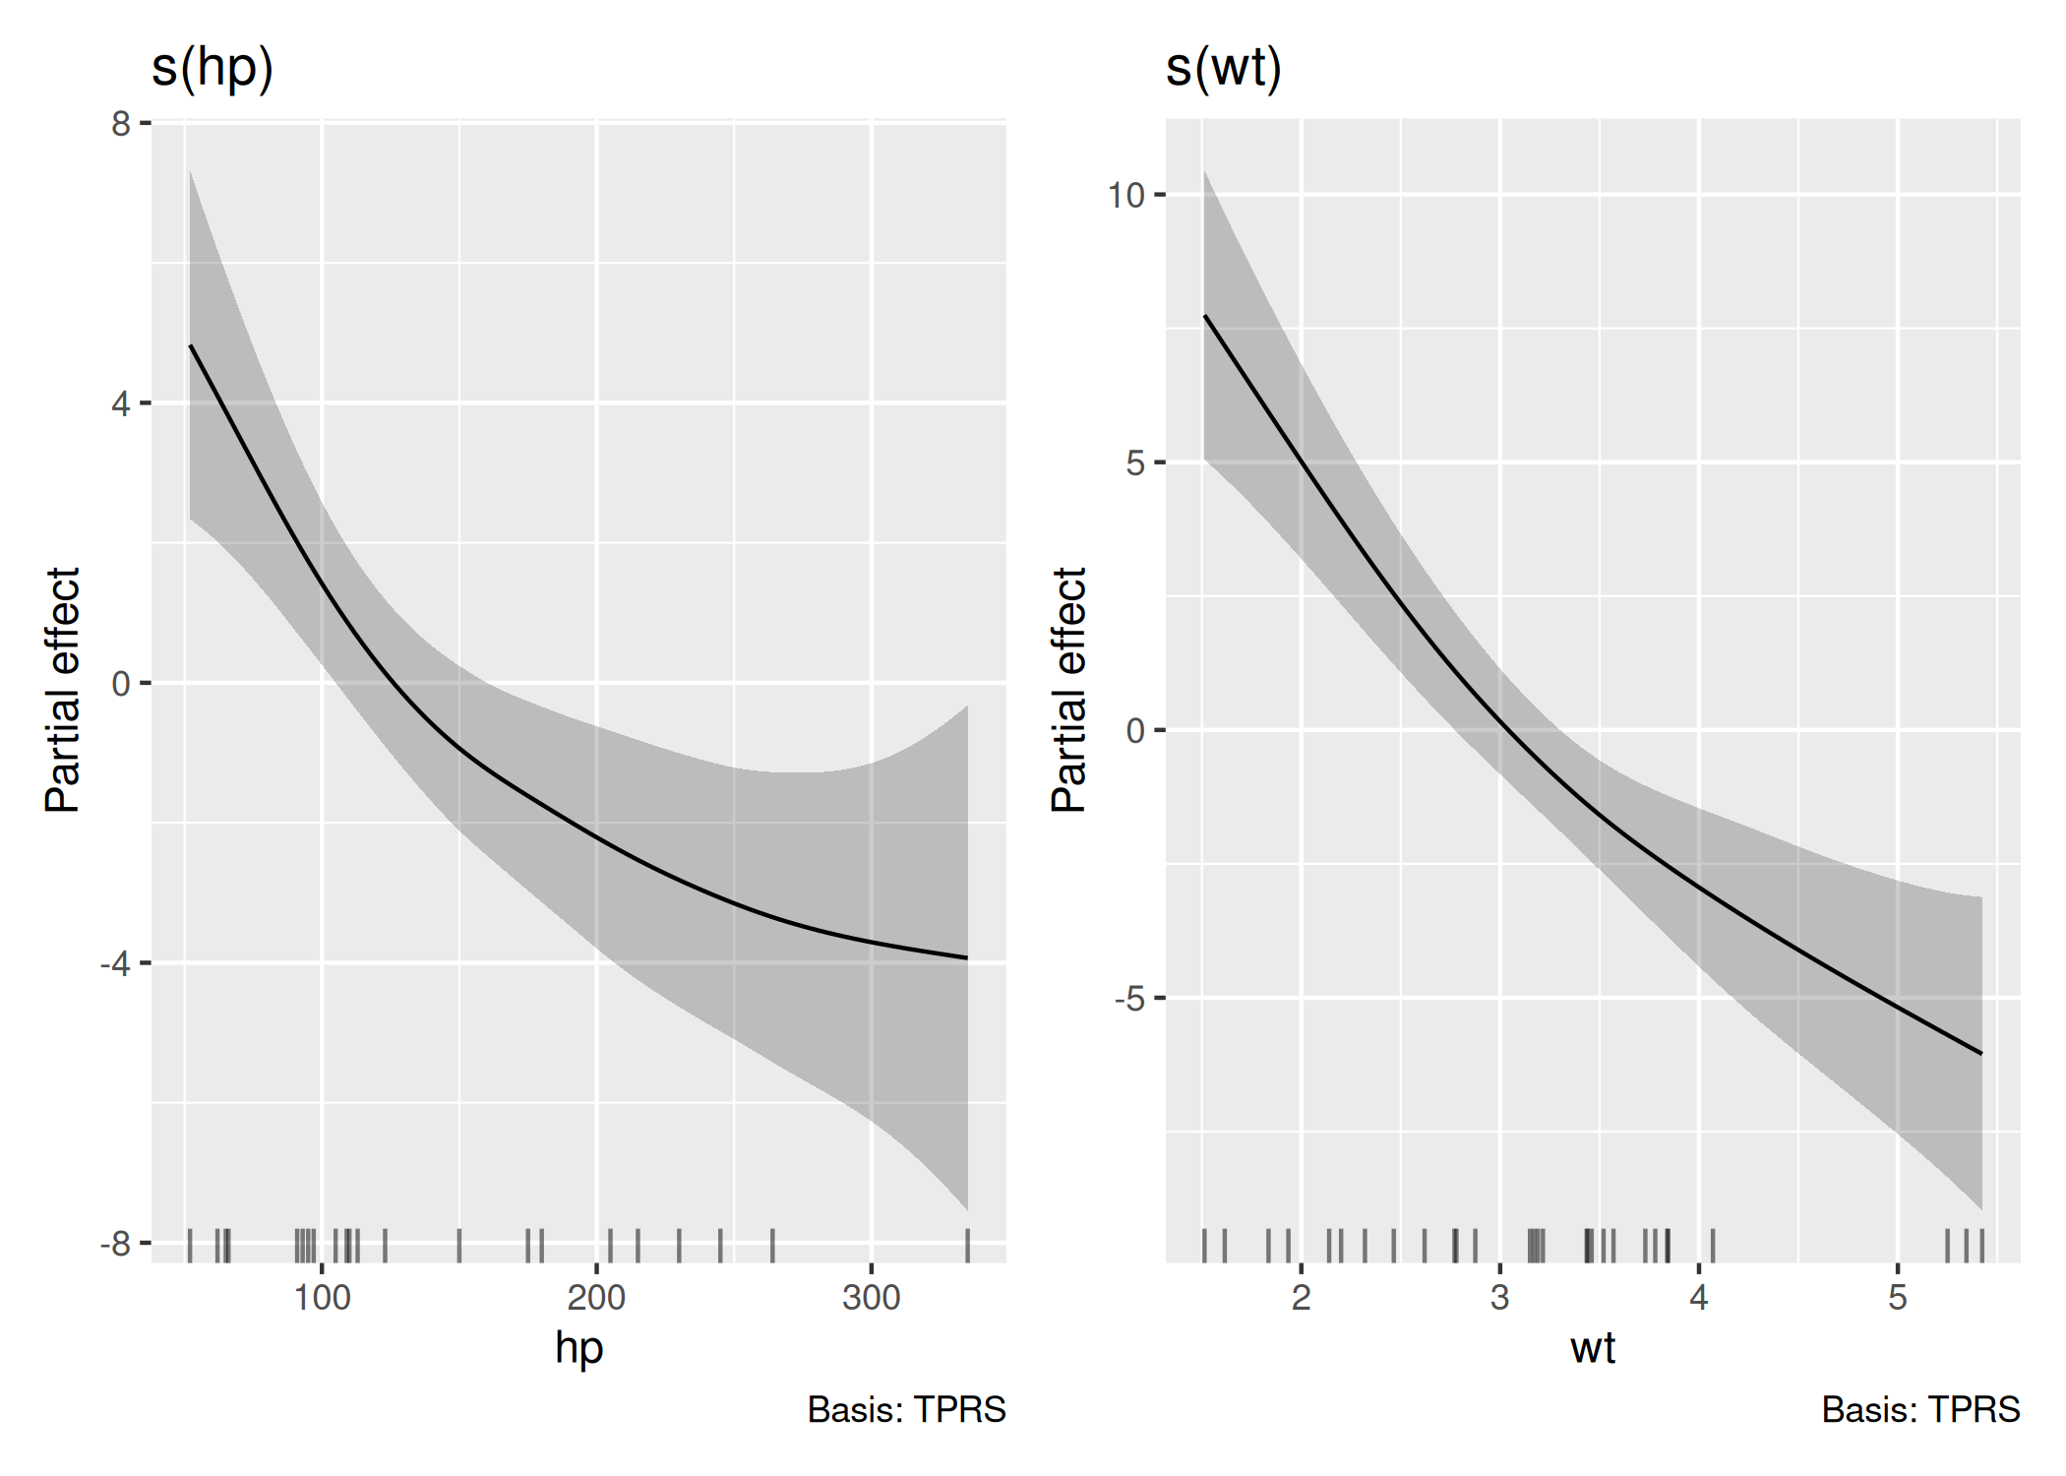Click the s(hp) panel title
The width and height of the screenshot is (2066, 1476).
coord(213,69)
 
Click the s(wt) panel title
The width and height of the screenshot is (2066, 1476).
coord(1223,69)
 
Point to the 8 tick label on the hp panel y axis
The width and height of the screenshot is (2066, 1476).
coord(121,124)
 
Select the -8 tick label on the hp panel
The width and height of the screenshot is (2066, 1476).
coord(115,1245)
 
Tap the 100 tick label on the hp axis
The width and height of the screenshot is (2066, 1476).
coord(322,1298)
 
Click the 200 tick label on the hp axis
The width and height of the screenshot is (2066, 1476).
coord(596,1298)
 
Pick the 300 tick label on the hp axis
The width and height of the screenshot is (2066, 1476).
coord(871,1298)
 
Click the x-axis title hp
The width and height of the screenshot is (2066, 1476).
coord(578,1349)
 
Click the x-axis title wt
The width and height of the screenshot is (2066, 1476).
coord(1593,1349)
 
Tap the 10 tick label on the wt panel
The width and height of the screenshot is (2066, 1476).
coord(1125,195)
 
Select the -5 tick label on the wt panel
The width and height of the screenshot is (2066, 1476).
coord(1129,999)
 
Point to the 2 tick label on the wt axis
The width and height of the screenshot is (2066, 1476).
coord(1301,1298)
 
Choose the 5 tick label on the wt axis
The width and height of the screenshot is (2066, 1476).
coord(1897,1298)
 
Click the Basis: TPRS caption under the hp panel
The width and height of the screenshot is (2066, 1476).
coord(906,1410)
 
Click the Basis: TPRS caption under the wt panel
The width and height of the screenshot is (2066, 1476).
coord(1920,1410)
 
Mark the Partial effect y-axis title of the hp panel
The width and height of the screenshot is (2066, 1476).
coord(63,690)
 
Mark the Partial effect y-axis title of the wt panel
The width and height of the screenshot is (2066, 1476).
coord(1069,690)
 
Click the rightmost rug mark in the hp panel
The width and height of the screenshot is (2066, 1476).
coord(967,1246)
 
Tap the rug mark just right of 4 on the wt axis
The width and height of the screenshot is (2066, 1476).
coord(1713,1246)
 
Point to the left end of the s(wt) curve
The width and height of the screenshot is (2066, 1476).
coord(1206,317)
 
